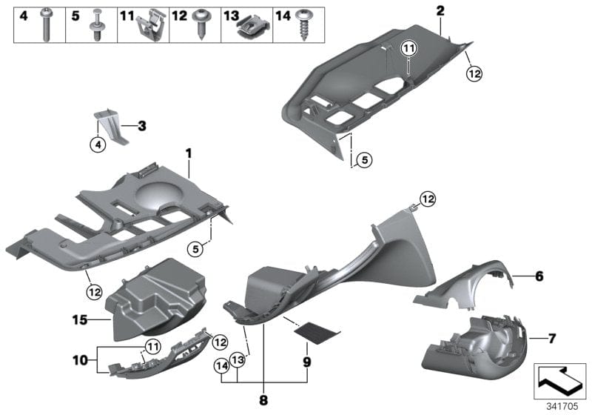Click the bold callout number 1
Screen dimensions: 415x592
click(188, 153)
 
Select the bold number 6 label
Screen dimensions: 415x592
click(539, 276)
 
